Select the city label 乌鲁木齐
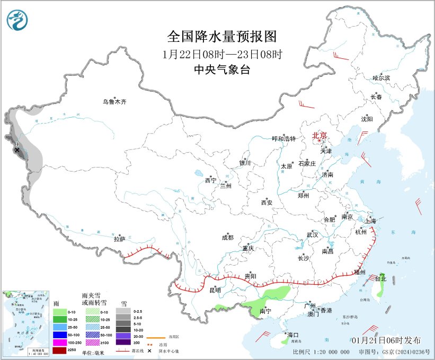point(115,102)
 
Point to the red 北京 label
point(320,136)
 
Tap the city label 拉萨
point(119,239)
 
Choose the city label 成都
point(228,238)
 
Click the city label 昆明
point(215,290)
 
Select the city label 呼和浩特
point(283,138)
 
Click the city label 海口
point(293,335)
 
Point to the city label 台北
point(380,278)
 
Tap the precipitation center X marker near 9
point(17,151)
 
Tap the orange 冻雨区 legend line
point(154,337)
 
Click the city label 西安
point(267,202)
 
